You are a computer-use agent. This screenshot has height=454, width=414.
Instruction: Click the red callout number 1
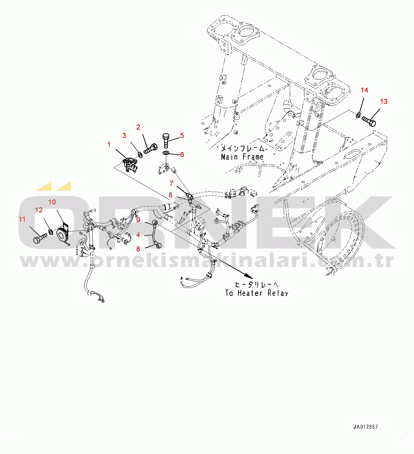click(109, 144)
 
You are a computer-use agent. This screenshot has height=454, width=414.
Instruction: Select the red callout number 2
click(138, 127)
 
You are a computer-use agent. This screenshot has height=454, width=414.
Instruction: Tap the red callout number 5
click(182, 135)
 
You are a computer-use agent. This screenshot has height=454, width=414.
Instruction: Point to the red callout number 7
click(172, 183)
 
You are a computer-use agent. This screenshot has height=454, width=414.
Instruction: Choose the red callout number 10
click(52, 202)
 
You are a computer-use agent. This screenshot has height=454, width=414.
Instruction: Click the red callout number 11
click(22, 219)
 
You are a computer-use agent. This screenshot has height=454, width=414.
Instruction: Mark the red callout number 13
click(384, 102)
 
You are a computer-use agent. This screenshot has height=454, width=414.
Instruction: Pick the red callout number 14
click(364, 90)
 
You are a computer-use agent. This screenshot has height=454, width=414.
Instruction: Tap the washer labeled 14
click(358, 115)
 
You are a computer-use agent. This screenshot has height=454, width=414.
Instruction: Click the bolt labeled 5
click(166, 140)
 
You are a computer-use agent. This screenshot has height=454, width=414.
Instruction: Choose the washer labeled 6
click(166, 153)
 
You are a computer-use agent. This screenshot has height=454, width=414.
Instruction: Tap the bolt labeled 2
click(151, 148)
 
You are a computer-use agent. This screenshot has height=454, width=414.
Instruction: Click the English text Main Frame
click(242, 157)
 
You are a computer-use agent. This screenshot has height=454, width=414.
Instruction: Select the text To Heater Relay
click(256, 293)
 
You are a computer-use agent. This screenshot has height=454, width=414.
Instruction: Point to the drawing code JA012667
click(366, 427)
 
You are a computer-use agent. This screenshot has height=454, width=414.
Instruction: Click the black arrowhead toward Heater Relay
click(248, 276)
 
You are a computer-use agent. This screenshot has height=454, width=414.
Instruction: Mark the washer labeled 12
click(51, 231)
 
